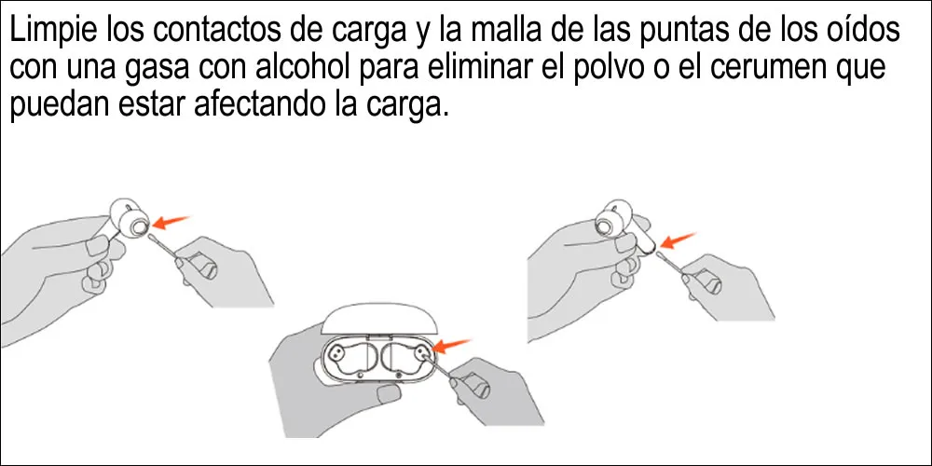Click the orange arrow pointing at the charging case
(x=454, y=346)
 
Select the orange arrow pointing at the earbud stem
(x=678, y=240)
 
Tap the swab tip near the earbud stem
(x=661, y=254)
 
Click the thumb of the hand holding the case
(x=387, y=392)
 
